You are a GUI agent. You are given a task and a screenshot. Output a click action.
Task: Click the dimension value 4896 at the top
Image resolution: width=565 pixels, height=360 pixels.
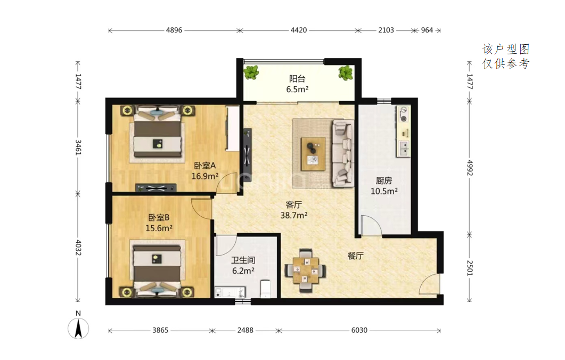click(x=174, y=30)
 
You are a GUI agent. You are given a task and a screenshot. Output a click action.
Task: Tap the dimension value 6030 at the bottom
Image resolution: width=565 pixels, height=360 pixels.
click(x=359, y=330)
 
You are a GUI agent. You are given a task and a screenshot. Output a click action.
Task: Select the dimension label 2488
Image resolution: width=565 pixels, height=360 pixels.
click(x=245, y=330)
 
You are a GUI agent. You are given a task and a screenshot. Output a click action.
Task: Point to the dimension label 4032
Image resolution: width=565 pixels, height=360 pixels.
click(x=78, y=248)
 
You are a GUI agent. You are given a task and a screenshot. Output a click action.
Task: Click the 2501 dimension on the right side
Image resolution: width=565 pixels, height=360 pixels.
click(x=470, y=268)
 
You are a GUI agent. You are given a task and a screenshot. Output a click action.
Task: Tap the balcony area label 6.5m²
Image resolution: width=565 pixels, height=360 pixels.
click(x=297, y=89)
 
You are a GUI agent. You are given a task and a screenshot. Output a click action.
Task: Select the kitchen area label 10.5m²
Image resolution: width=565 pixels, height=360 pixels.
click(x=384, y=191)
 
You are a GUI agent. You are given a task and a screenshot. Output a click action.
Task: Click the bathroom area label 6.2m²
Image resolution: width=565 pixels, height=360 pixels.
click(x=243, y=271)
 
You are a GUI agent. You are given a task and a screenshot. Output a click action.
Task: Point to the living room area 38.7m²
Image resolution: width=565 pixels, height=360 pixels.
click(x=293, y=215)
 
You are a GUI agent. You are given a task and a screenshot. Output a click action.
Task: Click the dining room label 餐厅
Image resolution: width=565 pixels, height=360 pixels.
click(x=355, y=256)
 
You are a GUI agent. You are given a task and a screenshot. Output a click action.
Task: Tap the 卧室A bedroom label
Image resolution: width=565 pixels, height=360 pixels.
click(x=204, y=166)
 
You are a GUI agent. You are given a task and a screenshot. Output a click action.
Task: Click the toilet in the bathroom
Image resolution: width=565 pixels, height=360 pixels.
click(x=265, y=289)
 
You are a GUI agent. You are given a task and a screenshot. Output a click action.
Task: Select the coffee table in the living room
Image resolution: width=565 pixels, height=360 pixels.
click(x=313, y=154)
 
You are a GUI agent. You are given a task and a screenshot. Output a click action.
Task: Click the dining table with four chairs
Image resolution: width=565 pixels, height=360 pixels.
click(x=306, y=271)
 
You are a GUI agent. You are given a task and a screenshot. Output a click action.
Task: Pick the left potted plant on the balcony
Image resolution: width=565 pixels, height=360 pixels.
click(x=251, y=72)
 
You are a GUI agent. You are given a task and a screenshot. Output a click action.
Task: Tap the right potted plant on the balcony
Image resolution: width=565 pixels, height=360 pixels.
click(x=346, y=73)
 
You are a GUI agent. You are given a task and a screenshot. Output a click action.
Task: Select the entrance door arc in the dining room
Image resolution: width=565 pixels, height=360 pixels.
click(x=425, y=280)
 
